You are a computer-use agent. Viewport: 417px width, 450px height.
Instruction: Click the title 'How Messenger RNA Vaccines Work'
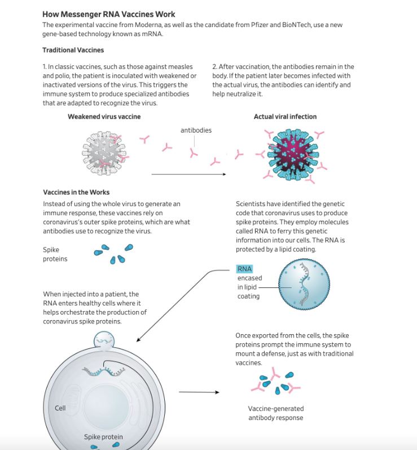[x=108, y=14]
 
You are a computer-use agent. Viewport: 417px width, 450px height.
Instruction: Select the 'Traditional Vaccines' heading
[x=73, y=50]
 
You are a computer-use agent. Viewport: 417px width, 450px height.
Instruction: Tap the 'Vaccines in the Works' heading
[x=76, y=193]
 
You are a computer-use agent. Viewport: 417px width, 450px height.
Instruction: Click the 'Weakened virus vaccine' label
[x=104, y=117]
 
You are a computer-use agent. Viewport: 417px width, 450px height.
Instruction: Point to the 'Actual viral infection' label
[x=285, y=117]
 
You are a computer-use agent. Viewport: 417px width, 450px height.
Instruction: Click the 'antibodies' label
[x=196, y=130]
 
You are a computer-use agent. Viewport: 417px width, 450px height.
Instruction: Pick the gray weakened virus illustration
[x=104, y=151]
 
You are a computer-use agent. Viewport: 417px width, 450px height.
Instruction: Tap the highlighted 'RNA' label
[x=244, y=269]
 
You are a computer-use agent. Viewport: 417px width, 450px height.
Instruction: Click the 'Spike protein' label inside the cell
[x=103, y=437]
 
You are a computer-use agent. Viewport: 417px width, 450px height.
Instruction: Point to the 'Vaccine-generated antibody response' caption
[x=275, y=413]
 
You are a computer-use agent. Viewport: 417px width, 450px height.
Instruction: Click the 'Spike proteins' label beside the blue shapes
[x=55, y=254]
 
